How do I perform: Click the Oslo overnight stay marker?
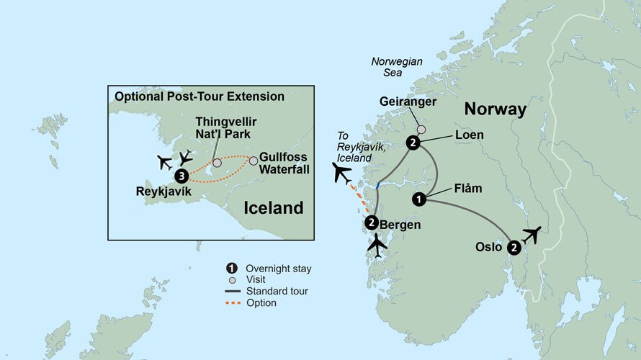click(514, 248)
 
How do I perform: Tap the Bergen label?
click(400, 225)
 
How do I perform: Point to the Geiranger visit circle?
click(421, 130)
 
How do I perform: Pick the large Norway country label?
click(496, 109)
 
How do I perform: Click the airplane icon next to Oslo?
click(532, 235)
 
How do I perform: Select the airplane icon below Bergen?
click(377, 246)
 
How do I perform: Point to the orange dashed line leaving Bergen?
click(359, 199)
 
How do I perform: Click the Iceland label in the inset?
click(273, 209)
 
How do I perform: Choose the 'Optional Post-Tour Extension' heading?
click(199, 96)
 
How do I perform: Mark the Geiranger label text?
click(408, 102)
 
